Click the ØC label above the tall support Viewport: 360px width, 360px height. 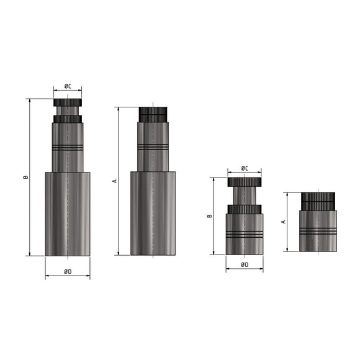click(67, 86)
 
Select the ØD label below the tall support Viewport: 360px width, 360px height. click(67, 271)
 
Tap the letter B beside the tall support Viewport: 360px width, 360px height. click(25, 177)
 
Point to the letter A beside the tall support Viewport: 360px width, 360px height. click(114, 181)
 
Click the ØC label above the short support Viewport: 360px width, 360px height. click(244, 168)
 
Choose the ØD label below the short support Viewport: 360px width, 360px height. click(244, 265)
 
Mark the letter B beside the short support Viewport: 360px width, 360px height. click(210, 216)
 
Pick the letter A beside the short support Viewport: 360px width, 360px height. click(283, 222)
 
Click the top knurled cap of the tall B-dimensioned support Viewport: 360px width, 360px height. click(67, 102)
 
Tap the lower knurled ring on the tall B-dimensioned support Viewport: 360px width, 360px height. click(67, 119)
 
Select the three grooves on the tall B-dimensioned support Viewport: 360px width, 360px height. click(67, 148)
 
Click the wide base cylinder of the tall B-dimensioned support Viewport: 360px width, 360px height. click(67, 214)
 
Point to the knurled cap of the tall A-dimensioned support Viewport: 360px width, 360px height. click(153, 114)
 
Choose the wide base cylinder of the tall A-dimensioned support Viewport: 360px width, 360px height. click(153, 214)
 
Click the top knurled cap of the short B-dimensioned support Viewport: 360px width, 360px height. click(244, 182)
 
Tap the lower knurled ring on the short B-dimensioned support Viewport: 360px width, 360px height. click(244, 209)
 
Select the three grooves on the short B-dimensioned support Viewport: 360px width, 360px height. click(244, 235)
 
